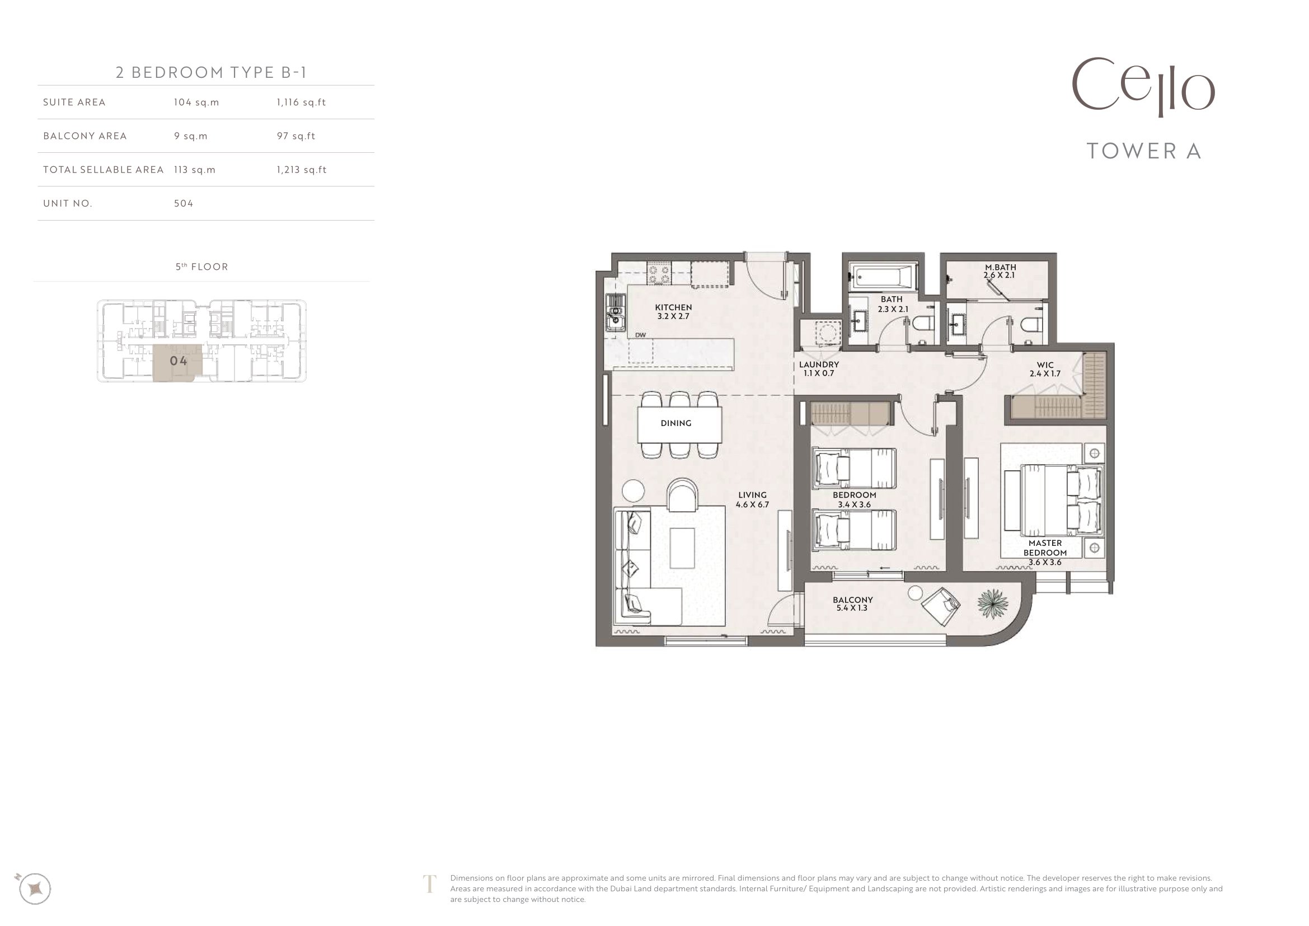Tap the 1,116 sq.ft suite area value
click(301, 102)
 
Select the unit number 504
click(184, 204)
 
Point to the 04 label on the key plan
click(179, 361)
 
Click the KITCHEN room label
click(673, 307)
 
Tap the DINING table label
click(676, 423)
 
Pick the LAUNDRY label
click(819, 364)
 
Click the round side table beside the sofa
click(633, 491)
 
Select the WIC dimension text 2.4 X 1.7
click(1045, 374)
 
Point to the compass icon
click(35, 888)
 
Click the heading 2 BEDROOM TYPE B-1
click(212, 72)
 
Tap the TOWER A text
click(1144, 151)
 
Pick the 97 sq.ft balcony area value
click(296, 136)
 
